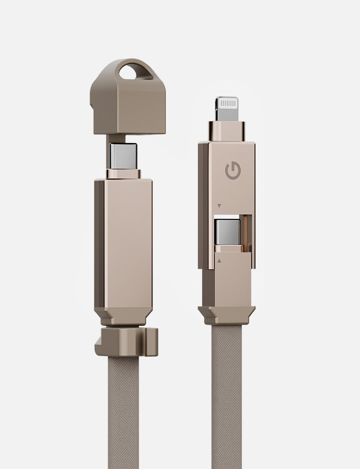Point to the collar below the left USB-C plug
coord(123,174)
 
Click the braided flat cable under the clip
coord(124,413)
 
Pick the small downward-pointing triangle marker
coord(219,205)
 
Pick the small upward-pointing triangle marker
coord(219,259)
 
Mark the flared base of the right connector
coord(227,313)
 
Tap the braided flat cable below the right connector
coord(227,399)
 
